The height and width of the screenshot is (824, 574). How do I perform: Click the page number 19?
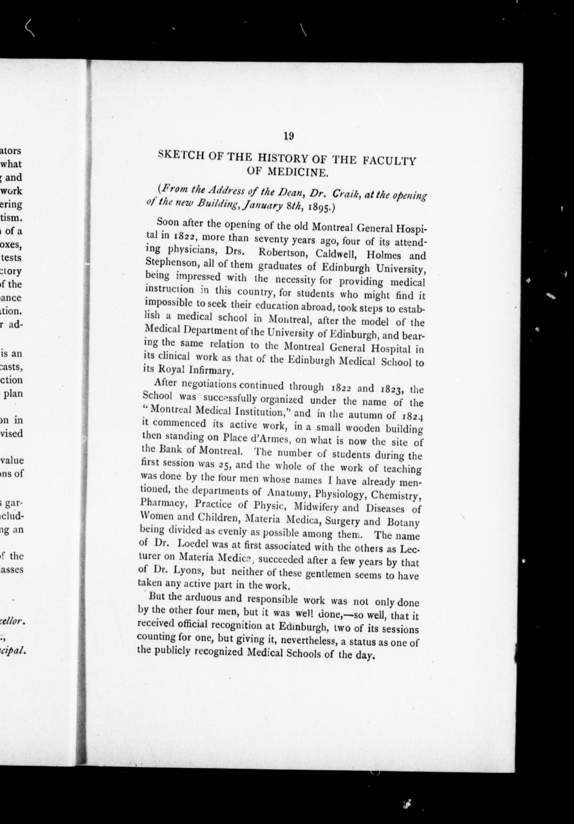tap(288, 136)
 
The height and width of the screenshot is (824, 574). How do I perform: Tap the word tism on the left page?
tap(14, 218)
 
